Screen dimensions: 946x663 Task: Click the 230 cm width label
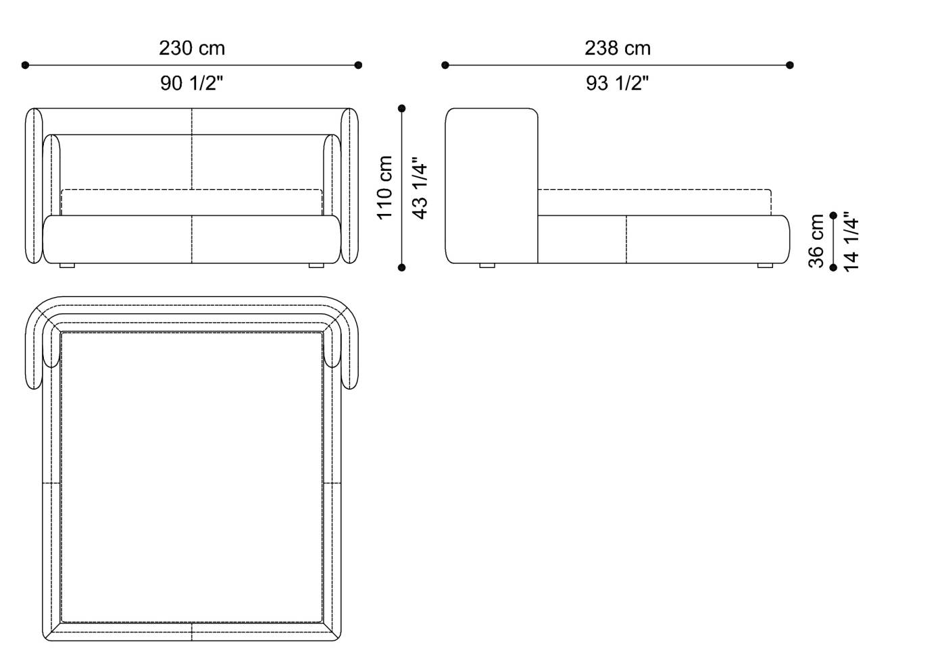pos(192,48)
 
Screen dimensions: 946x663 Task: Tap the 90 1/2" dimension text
pos(191,83)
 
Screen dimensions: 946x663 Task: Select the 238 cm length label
pos(618,48)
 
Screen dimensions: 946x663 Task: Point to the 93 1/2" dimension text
pos(617,83)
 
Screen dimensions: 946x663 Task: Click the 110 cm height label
pos(384,188)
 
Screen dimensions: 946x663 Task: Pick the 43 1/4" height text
pos(420,188)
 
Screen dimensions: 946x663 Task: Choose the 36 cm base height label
pos(816,241)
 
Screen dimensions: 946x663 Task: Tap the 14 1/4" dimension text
pos(851,242)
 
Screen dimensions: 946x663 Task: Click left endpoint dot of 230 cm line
pos(26,65)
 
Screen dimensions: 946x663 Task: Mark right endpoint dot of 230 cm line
pos(358,65)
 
